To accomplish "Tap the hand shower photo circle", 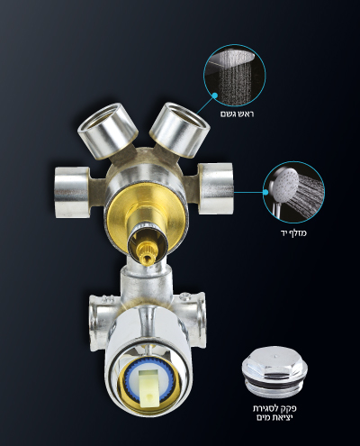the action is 293,192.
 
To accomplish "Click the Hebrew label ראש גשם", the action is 238,114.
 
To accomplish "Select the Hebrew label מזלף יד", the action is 293,232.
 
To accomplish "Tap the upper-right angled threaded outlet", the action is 180,129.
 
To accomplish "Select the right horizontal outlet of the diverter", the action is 215,188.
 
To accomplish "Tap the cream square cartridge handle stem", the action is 148,387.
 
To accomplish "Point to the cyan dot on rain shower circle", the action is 215,96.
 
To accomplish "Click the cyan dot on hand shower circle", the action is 265,192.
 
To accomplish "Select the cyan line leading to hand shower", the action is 248,192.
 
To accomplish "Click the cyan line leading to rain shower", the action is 205,105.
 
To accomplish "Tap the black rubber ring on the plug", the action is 275,385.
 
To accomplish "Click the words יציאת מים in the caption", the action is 274,418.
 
